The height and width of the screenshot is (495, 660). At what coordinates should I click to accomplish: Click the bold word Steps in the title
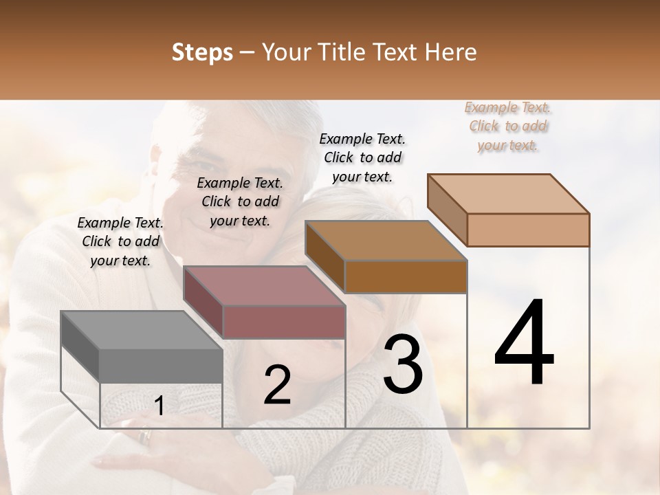[x=202, y=52]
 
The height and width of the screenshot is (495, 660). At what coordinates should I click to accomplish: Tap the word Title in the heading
[x=344, y=52]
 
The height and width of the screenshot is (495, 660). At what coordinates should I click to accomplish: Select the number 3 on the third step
[x=402, y=364]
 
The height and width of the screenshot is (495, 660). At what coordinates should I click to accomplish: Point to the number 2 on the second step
[x=277, y=385]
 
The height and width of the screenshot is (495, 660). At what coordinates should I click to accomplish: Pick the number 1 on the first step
[x=159, y=406]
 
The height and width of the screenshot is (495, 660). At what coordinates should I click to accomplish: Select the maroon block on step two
[x=265, y=303]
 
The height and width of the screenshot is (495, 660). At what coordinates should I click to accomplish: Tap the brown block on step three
[x=386, y=258]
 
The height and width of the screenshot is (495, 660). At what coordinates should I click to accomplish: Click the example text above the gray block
[x=120, y=241]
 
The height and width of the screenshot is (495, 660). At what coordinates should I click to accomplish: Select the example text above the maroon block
[x=240, y=201]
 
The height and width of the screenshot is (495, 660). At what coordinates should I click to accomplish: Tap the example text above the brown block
[x=362, y=157]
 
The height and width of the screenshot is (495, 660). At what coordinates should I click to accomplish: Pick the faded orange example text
[x=508, y=126]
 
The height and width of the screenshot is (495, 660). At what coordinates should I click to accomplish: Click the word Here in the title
[x=453, y=52]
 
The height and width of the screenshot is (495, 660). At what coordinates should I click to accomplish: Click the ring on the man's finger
[x=144, y=436]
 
